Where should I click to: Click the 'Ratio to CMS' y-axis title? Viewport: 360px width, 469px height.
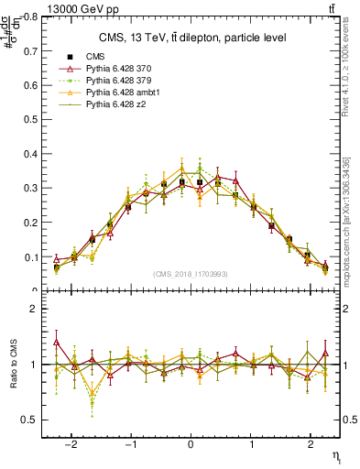pos(12,365)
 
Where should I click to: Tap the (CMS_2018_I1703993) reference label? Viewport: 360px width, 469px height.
pos(192,274)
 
